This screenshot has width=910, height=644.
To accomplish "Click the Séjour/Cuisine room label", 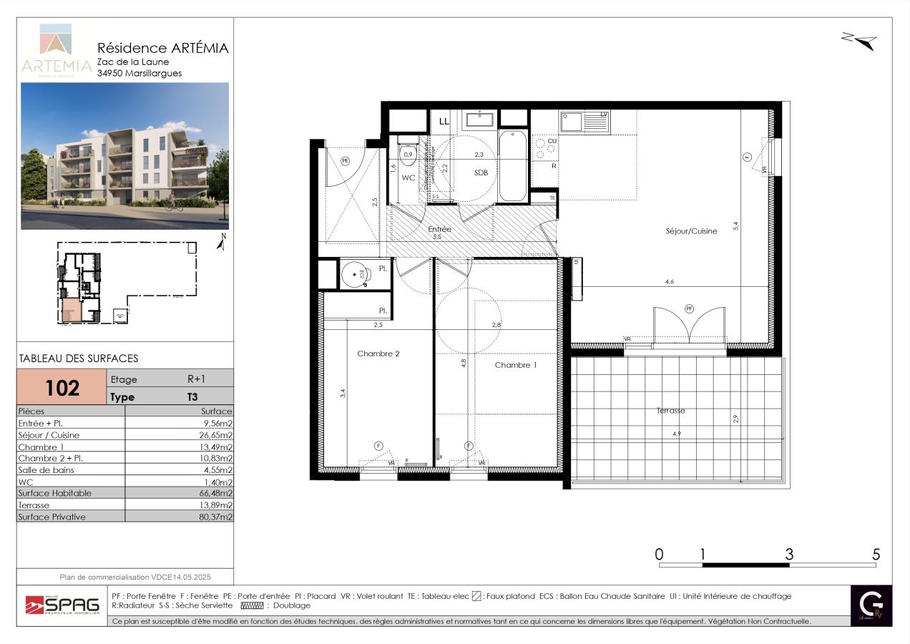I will pyautogui.click(x=690, y=231).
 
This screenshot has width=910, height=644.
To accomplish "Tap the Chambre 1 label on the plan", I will pyautogui.click(x=515, y=365).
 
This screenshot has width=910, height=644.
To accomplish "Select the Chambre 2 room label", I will pyautogui.click(x=378, y=353).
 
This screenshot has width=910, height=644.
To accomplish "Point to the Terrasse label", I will pyautogui.click(x=670, y=411).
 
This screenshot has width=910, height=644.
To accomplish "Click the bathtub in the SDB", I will pyautogui.click(x=512, y=166).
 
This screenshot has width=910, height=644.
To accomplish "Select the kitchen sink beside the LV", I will pyautogui.click(x=572, y=122).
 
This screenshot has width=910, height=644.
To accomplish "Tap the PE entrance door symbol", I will pyautogui.click(x=346, y=161).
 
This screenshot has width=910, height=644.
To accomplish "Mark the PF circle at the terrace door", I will pyautogui.click(x=690, y=308).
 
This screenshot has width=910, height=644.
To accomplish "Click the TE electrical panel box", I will pyautogui.click(x=552, y=197).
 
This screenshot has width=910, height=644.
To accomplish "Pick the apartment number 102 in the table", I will pyautogui.click(x=62, y=387).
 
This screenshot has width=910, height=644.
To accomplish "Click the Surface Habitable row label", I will pyautogui.click(x=54, y=493).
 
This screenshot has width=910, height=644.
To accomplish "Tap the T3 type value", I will pyautogui.click(x=192, y=397).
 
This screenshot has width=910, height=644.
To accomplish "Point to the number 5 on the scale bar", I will pyautogui.click(x=876, y=555).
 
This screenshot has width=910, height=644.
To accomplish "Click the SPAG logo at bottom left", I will pyautogui.click(x=62, y=605).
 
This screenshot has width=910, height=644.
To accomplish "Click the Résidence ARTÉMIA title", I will pyautogui.click(x=162, y=49).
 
